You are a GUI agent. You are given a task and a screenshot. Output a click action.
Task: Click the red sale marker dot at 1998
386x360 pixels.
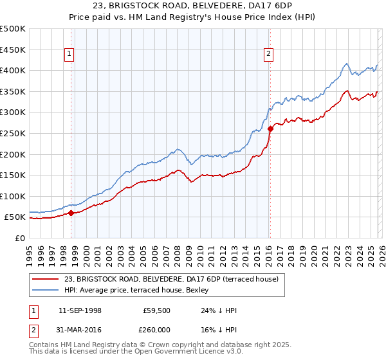click(x=71, y=213)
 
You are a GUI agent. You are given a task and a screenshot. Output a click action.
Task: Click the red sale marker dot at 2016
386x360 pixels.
click(x=270, y=129)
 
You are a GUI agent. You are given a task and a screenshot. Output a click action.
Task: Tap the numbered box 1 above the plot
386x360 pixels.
click(x=69, y=55)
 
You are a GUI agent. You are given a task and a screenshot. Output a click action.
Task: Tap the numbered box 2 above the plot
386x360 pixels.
click(x=268, y=55)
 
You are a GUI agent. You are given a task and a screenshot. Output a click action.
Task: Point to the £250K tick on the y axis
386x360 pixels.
click(x=13, y=133)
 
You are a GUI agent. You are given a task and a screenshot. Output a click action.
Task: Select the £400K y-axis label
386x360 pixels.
click(x=13, y=71)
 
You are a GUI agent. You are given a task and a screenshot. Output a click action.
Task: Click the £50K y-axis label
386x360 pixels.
click(x=15, y=217)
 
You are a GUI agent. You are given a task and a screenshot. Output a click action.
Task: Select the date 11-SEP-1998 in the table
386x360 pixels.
click(x=80, y=310)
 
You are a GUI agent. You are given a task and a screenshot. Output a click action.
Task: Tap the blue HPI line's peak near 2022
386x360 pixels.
click(x=346, y=64)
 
